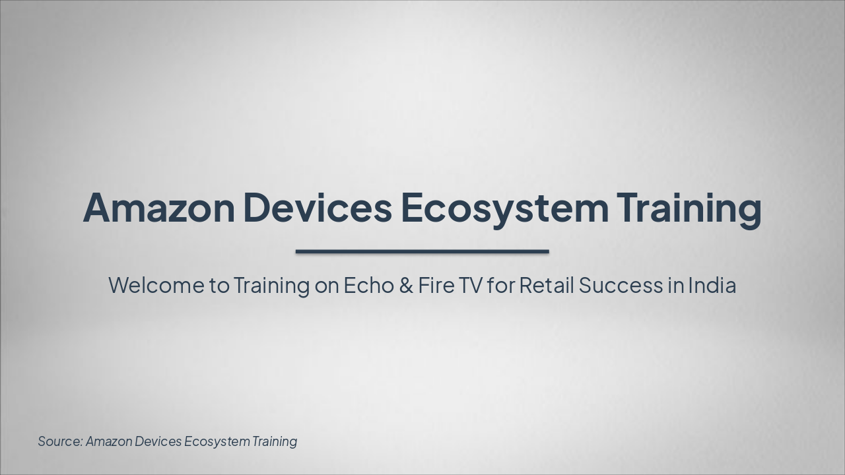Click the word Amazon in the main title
coord(158,207)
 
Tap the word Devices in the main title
coord(318,207)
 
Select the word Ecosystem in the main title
coord(504,207)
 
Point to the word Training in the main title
coord(689,207)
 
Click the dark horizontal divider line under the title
coord(422,251)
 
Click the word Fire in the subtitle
coord(432,286)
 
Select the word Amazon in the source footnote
coord(109,441)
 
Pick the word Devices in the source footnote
coord(158,441)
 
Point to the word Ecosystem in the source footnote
coord(217,441)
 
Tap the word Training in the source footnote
coord(275,441)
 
